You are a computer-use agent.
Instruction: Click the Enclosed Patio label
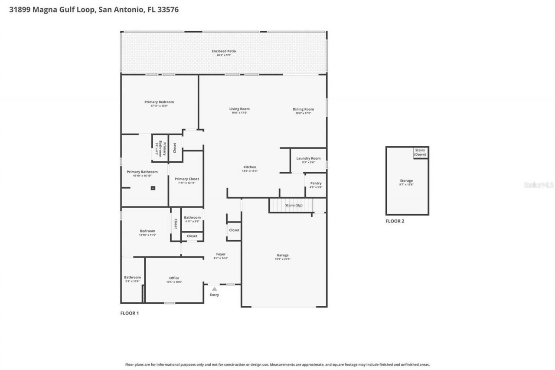(224, 51)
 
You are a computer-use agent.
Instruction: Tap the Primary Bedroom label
(159, 102)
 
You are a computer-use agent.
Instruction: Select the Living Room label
(239, 109)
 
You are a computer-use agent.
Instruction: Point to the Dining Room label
(303, 110)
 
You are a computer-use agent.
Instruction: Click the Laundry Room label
(308, 159)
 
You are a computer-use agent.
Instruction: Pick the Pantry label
(316, 183)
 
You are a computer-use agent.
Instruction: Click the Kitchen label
(250, 167)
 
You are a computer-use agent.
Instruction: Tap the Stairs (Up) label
(294, 205)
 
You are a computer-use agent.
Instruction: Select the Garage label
(283, 255)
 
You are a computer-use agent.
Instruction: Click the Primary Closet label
(187, 179)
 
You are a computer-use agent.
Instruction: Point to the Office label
(174, 278)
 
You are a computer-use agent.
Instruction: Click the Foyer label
(221, 255)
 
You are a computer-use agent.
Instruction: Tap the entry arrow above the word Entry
(214, 288)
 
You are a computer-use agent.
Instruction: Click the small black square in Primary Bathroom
(153, 188)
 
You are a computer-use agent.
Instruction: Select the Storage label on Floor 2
(406, 181)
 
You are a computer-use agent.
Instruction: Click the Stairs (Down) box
(420, 152)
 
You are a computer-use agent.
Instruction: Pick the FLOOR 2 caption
(395, 221)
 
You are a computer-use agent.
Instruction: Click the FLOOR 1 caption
(129, 313)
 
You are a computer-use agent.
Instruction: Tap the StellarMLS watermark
(539, 185)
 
